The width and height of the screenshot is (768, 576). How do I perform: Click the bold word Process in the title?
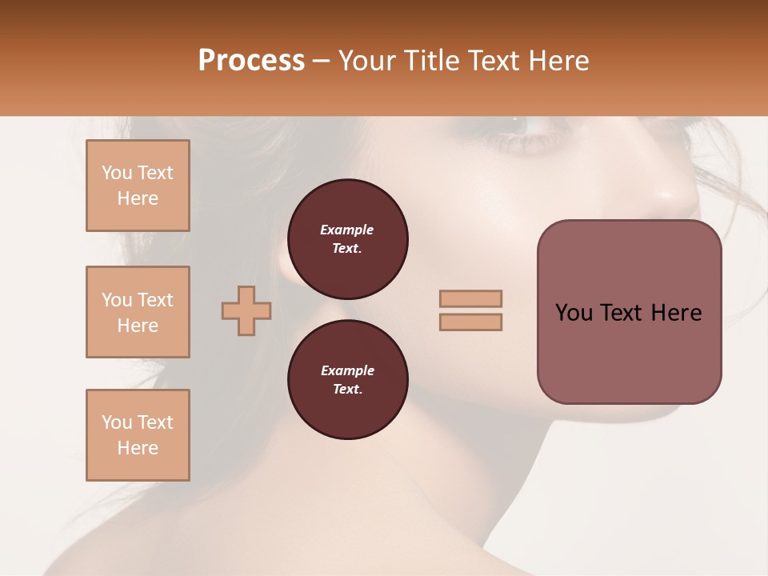(251, 61)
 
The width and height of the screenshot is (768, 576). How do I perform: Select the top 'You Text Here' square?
(138, 186)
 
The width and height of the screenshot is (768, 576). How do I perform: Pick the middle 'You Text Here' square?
(138, 312)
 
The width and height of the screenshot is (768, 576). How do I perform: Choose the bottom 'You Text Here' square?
(138, 435)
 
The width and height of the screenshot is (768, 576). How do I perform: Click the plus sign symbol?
(246, 311)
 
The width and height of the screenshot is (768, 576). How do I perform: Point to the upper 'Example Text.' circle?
(347, 238)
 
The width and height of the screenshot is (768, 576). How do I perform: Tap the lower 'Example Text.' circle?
(347, 379)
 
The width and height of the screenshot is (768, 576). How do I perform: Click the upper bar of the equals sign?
(470, 298)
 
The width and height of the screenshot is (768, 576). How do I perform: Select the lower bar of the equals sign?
(470, 322)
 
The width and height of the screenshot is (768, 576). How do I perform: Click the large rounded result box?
(629, 312)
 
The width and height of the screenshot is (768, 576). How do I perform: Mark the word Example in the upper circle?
(347, 230)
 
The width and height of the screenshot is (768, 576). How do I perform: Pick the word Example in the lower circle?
(347, 370)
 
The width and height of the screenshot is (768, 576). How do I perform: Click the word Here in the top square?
(138, 198)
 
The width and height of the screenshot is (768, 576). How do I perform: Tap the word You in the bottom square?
(117, 422)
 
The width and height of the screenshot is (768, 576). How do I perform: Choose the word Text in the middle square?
(154, 300)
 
